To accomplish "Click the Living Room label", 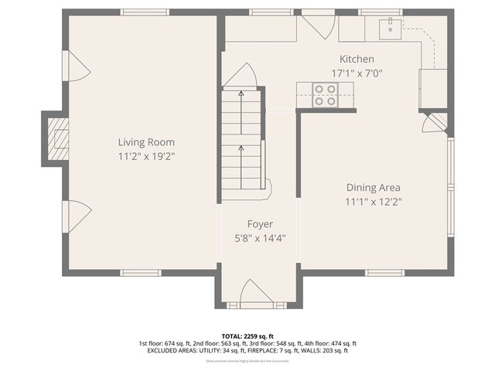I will (x=145, y=142).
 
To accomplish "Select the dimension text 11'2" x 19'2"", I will (x=145, y=156).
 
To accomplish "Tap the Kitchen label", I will (x=357, y=60).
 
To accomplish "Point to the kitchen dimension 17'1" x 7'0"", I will (x=357, y=73).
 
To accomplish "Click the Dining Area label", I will (x=373, y=187).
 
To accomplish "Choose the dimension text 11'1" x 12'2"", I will (x=373, y=202).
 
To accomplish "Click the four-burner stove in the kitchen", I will (x=326, y=94).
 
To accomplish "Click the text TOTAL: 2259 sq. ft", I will (x=247, y=336).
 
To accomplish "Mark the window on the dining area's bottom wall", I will (x=384, y=273).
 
